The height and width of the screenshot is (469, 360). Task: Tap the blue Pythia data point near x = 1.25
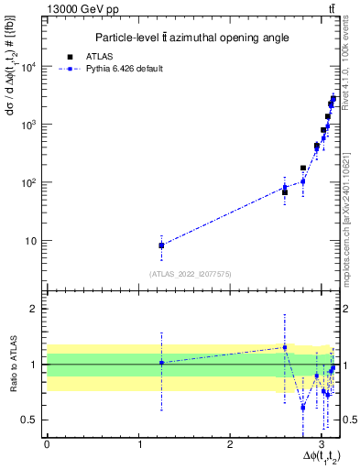[161, 245]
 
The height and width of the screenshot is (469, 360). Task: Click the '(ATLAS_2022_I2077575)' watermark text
[191, 274]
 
